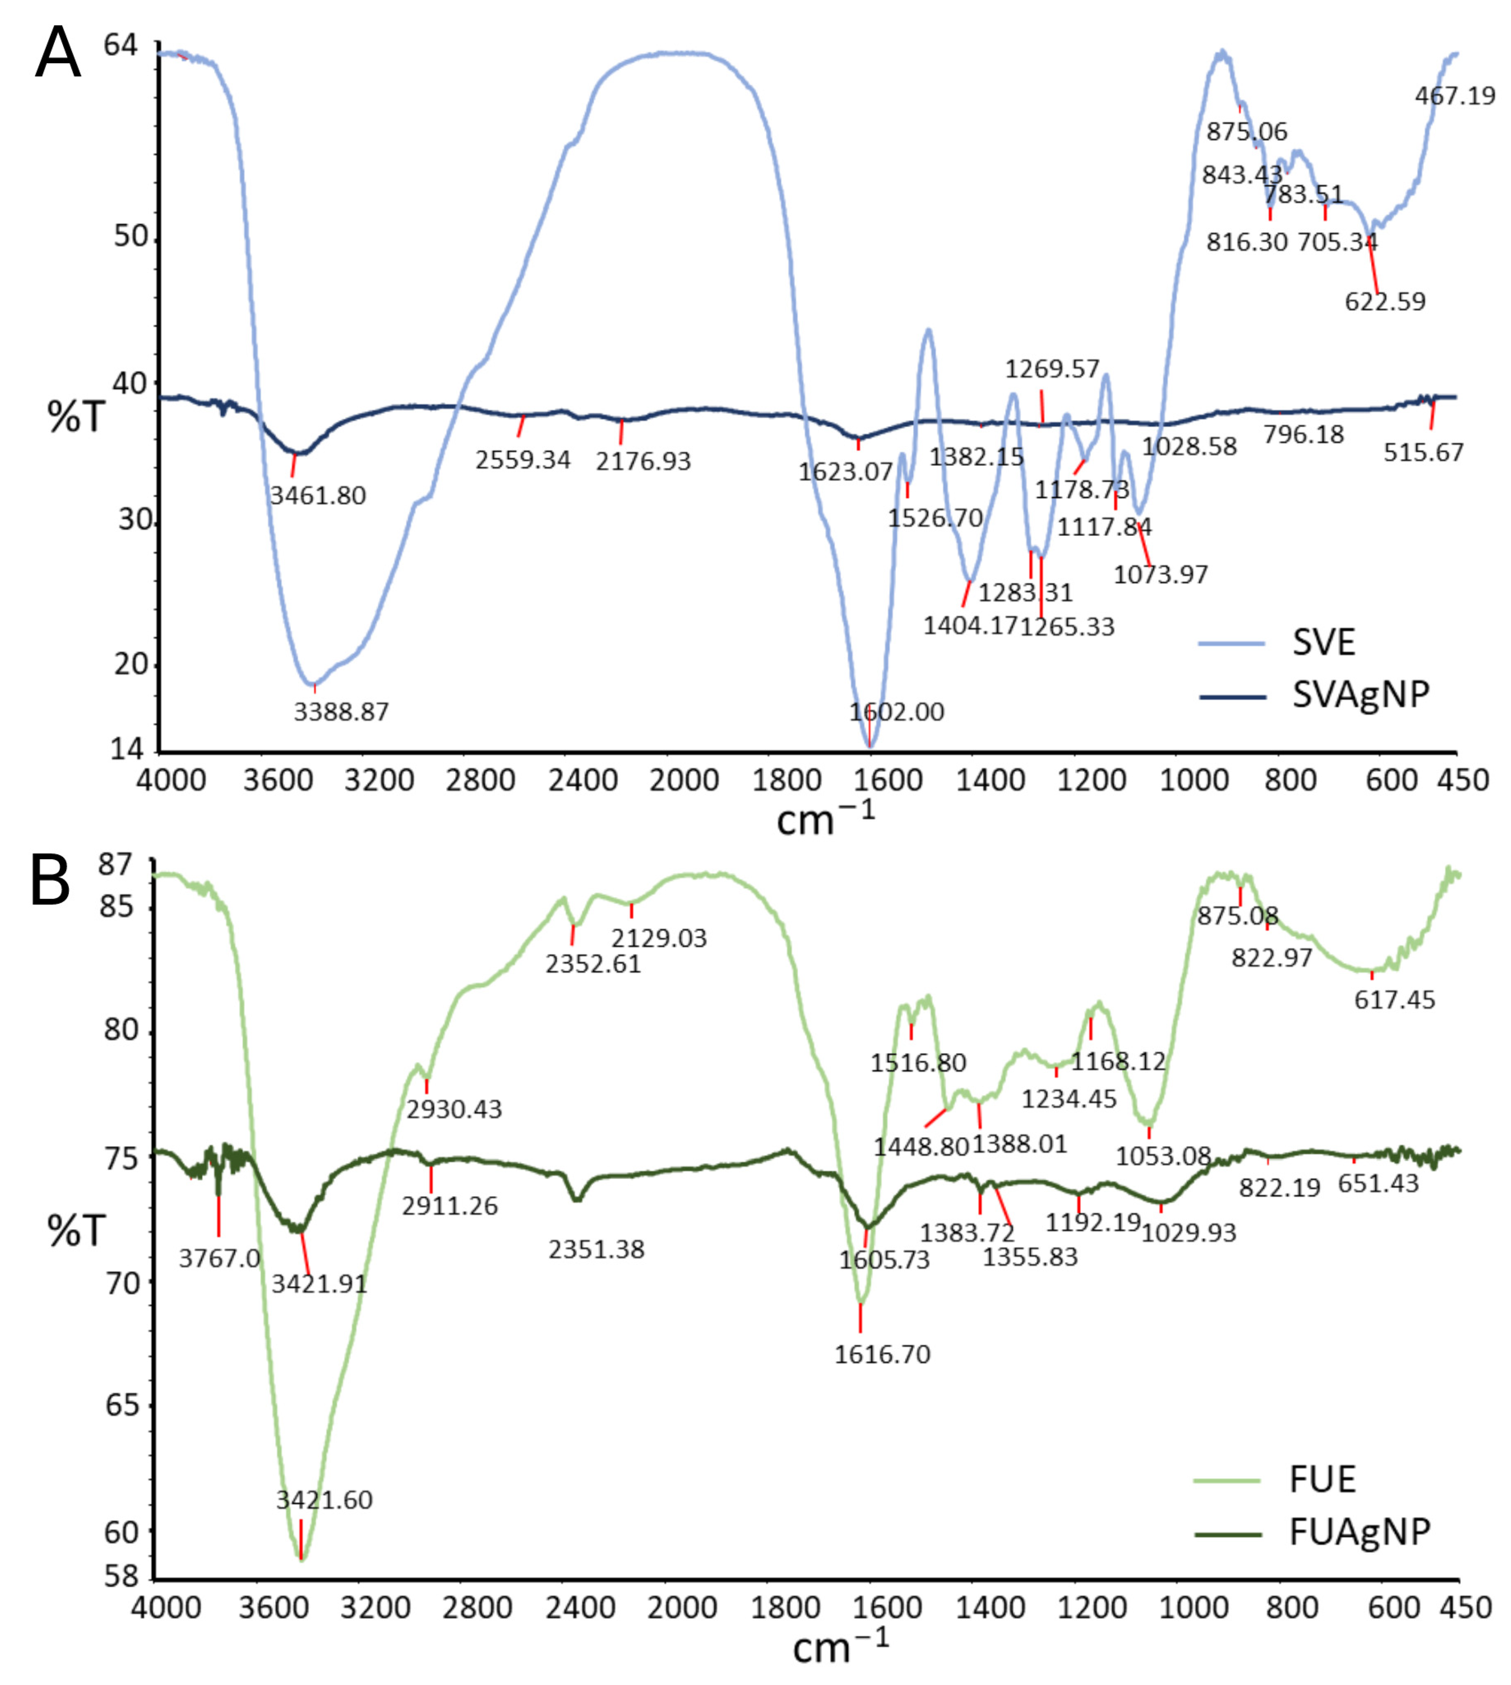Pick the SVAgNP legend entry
[x=1360, y=694]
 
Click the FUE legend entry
[x=1322, y=1479]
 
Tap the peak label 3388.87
[x=341, y=711]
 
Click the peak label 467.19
[x=1454, y=96]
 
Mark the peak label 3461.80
[x=318, y=496]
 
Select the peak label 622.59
[x=1385, y=301]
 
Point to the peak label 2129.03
[x=659, y=938]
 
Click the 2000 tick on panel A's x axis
[x=684, y=781]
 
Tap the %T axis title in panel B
[x=76, y=1231]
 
